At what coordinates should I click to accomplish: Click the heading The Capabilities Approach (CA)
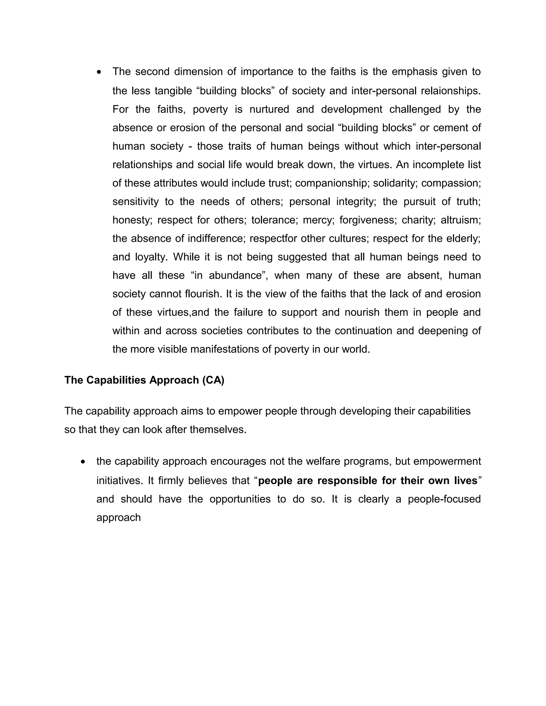tap(144, 380)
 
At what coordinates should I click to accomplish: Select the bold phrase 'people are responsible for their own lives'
tap(367, 481)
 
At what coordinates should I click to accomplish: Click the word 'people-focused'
tap(444, 499)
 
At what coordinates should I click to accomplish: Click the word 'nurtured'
tap(269, 109)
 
